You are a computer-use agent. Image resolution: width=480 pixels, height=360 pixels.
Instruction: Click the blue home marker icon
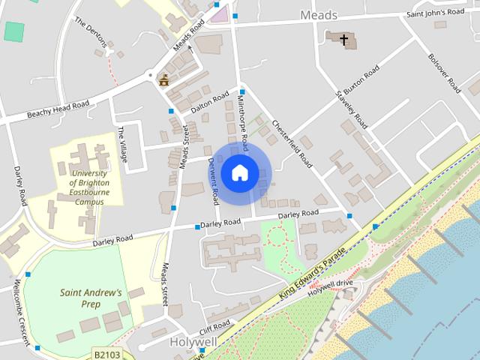point(239,172)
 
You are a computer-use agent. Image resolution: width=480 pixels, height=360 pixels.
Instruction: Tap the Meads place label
point(319,15)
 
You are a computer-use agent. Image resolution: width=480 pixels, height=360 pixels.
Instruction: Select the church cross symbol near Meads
point(344,40)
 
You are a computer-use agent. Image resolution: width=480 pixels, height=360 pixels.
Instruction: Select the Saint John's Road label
point(436,13)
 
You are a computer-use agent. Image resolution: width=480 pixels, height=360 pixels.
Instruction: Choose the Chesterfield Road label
point(292,142)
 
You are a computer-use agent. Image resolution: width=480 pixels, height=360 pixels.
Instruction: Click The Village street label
point(123,145)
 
